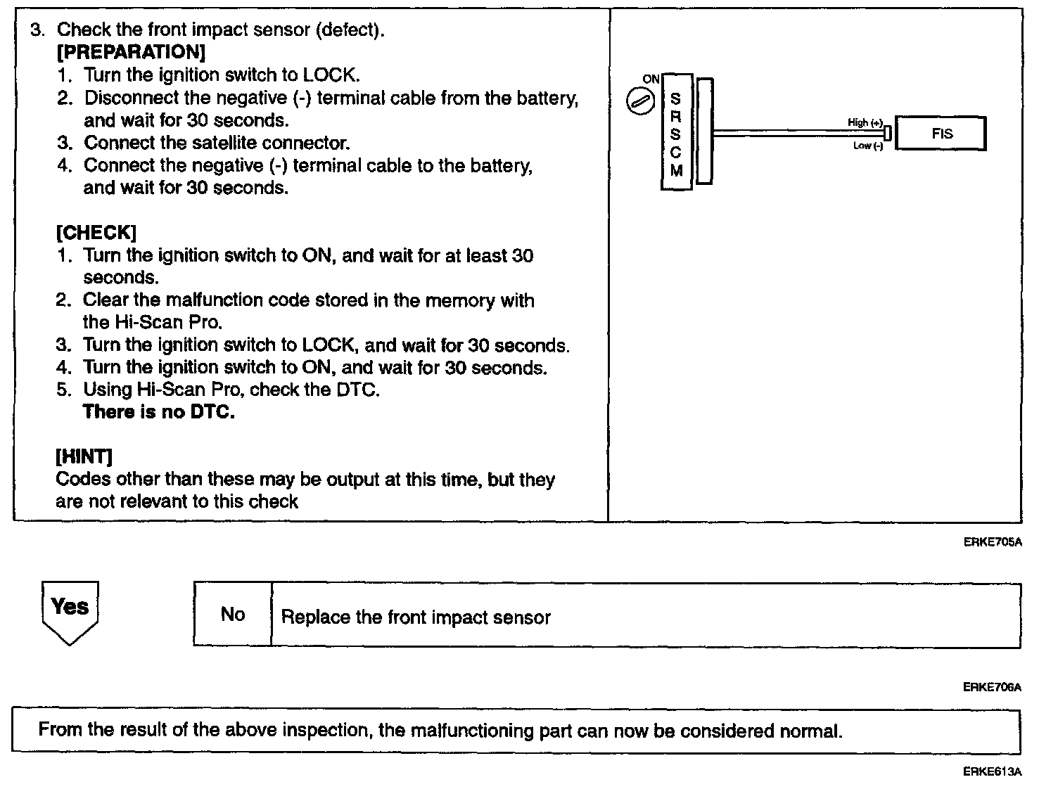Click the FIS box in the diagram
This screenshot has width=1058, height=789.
pos(941,134)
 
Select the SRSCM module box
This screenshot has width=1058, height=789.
pos(676,132)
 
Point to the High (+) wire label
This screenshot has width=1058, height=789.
pos(865,122)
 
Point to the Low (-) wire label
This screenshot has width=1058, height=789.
pos(867,146)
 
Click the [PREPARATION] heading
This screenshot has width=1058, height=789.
pos(131,52)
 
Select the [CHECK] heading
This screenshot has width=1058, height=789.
pos(96,233)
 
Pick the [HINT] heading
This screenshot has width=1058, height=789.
pos(84,457)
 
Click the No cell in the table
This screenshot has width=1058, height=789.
pos(233,615)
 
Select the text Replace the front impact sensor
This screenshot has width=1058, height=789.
pos(416,617)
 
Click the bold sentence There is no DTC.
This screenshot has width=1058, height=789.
pos(159,412)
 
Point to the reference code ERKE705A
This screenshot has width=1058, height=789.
pos(992,542)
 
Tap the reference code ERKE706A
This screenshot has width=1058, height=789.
pos(992,687)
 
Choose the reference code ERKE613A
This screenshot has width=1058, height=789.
pos(992,771)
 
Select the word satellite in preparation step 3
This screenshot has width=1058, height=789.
pos(221,143)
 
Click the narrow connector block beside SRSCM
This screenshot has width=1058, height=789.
pos(703,131)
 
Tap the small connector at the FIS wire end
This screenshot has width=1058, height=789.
pos(888,133)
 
